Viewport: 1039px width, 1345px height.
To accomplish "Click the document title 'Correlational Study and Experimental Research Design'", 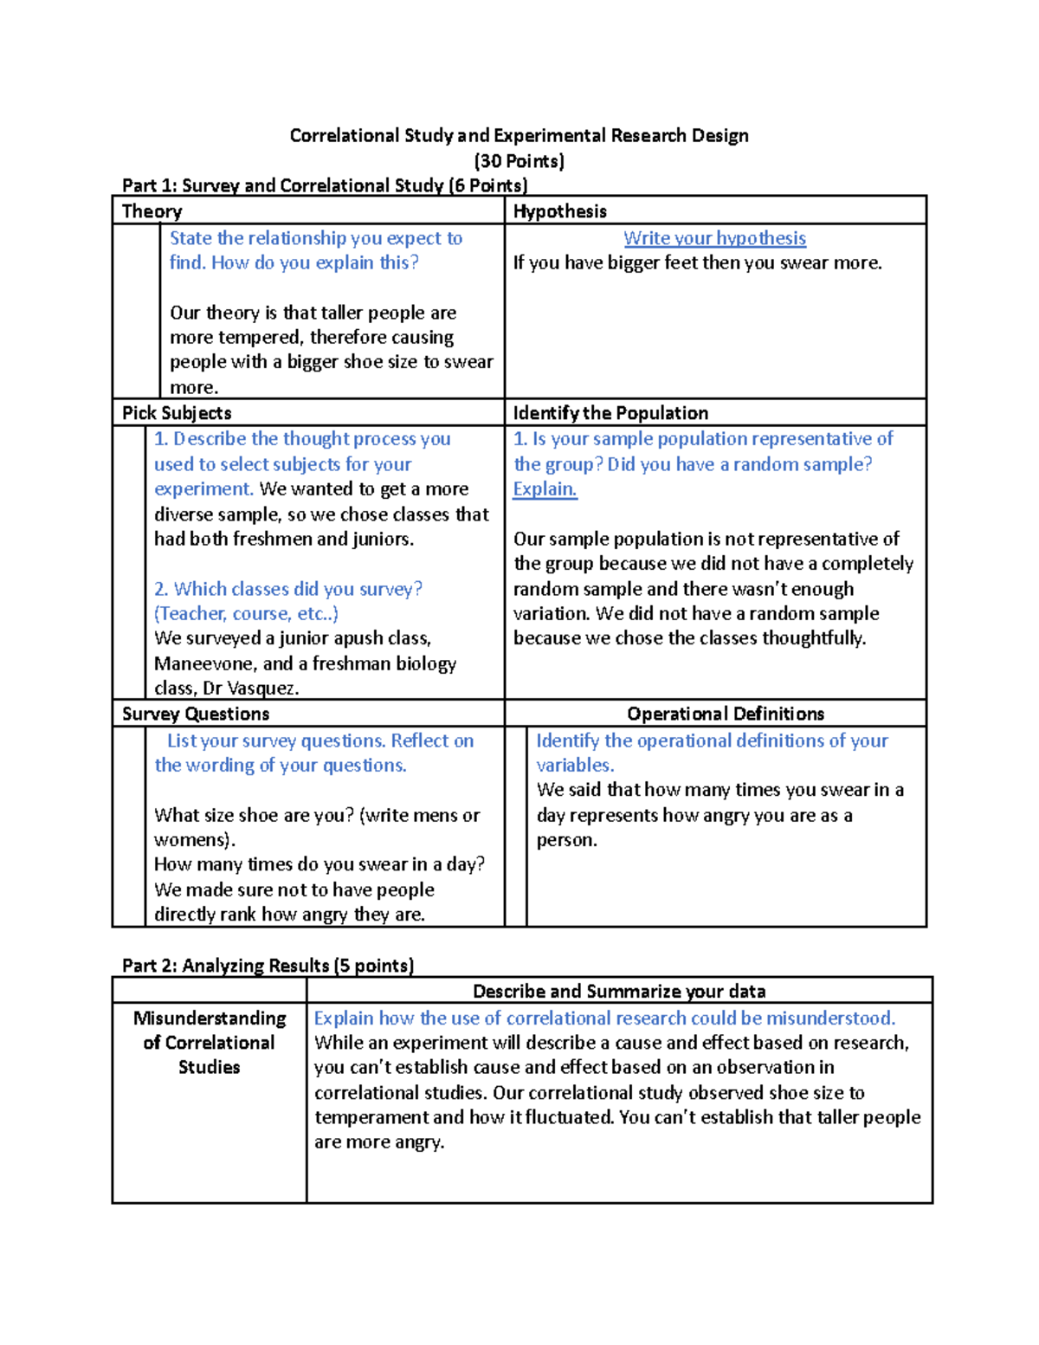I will [519, 136].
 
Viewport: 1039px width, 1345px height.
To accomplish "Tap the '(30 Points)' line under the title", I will [519, 161].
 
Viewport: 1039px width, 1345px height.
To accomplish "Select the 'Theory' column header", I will [152, 211].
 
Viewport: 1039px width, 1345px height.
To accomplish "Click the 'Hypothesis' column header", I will [559, 211].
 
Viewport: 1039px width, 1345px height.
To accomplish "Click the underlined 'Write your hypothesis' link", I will [714, 238].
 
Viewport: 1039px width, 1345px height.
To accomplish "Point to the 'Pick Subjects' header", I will [177, 413].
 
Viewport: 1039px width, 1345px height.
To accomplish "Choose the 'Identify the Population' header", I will [610, 413].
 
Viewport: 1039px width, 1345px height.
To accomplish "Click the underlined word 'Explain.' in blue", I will [545, 489].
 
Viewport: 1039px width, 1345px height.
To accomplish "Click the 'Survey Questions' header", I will [196, 715].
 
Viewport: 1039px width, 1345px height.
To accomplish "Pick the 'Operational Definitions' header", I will [725, 715].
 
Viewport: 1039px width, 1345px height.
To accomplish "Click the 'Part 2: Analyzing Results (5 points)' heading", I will [268, 966].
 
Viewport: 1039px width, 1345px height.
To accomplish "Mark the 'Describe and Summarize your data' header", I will [619, 992].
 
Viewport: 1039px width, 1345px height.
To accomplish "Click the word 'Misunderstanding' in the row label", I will [210, 1018].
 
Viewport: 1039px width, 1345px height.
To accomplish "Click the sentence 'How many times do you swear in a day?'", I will [319, 864].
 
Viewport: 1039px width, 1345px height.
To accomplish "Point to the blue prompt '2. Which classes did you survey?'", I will [288, 589].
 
